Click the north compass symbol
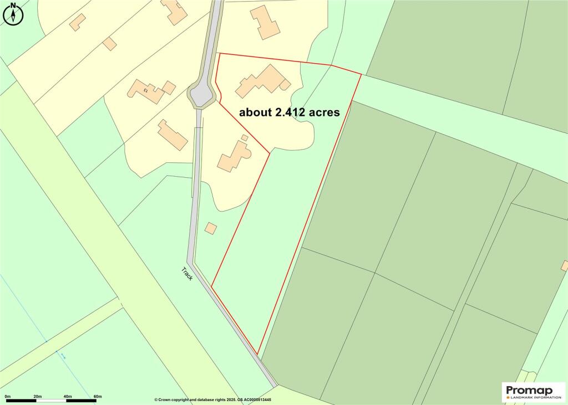tap(13, 14)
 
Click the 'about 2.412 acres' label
tap(289, 112)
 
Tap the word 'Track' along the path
tap(187, 273)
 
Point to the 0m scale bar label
tap(7, 396)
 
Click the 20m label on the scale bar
tap(38, 396)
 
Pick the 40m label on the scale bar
tap(67, 396)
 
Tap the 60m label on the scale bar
tap(97, 396)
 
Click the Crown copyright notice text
tap(220, 399)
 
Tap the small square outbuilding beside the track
tap(211, 228)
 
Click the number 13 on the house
tap(146, 89)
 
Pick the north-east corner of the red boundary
tap(361, 74)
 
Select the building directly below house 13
tap(172, 134)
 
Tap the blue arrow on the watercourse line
tap(63, 356)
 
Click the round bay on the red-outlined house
tap(285, 85)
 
